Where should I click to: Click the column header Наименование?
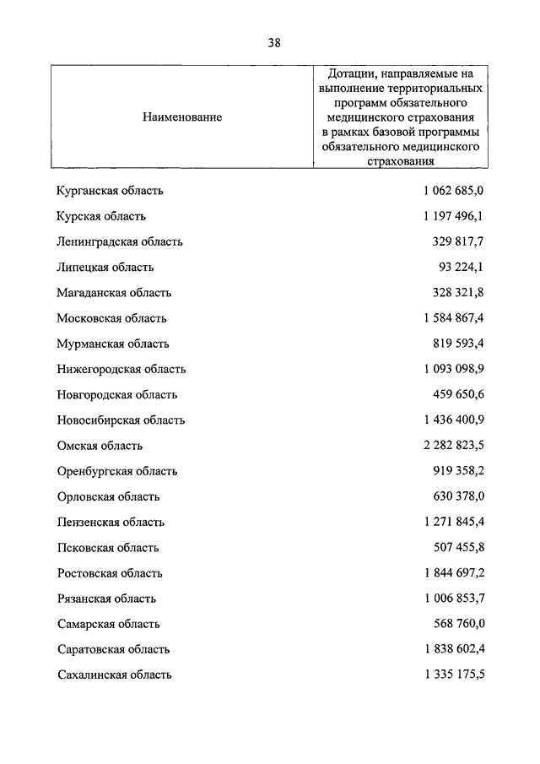(x=182, y=117)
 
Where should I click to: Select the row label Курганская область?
(x=110, y=191)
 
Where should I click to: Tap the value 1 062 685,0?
(x=453, y=191)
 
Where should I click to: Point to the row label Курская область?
(x=101, y=216)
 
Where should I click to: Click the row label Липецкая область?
(x=105, y=267)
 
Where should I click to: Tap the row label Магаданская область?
(x=114, y=293)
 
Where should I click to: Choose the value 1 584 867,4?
(x=453, y=318)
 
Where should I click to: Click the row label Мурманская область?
(x=113, y=344)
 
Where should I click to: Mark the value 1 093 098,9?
(x=453, y=369)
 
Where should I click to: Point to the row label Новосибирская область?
(x=121, y=420)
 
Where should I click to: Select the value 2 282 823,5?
(x=453, y=446)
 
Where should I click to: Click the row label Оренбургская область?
(x=117, y=471)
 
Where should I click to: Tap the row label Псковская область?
(x=108, y=548)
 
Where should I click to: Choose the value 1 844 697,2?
(x=453, y=573)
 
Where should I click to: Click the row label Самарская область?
(x=109, y=624)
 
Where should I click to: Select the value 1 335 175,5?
(x=453, y=675)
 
